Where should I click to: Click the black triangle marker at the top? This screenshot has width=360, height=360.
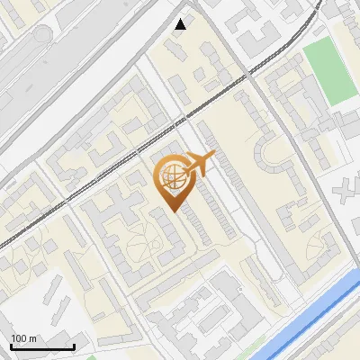coord(181,24)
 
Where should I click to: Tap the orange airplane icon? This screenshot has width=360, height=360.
coord(198,165)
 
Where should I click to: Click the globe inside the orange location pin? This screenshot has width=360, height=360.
coord(172,179)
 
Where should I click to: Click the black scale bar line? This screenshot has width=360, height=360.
coord(42,346)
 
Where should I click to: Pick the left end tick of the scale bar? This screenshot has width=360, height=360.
coord(11,346)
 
